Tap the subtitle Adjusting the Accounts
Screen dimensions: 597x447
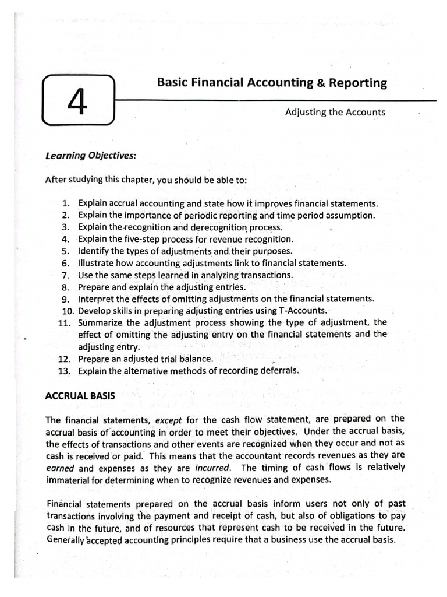(335, 112)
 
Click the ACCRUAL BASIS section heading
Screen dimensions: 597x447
(80, 395)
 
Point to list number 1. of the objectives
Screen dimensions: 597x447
(65, 203)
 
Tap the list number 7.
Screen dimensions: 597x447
(65, 275)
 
